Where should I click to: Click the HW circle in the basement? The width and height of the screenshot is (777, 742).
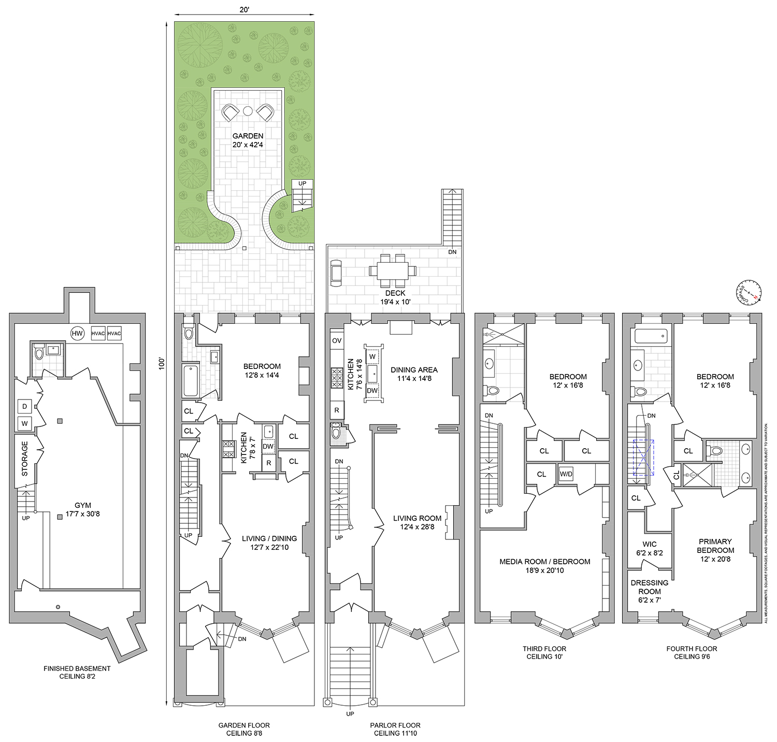(77, 334)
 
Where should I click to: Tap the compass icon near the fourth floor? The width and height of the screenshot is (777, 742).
(750, 292)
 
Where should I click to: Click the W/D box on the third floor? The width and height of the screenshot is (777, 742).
(566, 474)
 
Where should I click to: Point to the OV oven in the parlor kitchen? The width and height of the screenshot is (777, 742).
(337, 340)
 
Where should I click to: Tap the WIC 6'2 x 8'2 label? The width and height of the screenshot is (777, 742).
(649, 548)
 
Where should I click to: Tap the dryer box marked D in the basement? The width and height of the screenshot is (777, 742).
(24, 407)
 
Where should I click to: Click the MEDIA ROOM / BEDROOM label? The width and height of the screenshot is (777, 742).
(544, 566)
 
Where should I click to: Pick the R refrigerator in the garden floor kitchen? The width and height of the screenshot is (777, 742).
(268, 463)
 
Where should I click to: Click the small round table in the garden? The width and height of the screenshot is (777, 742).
(248, 110)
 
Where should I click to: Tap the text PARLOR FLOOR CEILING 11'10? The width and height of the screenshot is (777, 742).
(395, 729)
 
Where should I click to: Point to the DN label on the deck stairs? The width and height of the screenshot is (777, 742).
(452, 252)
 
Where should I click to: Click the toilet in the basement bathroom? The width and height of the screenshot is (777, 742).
(39, 354)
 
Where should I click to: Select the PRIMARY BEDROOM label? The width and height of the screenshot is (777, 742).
(715, 550)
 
